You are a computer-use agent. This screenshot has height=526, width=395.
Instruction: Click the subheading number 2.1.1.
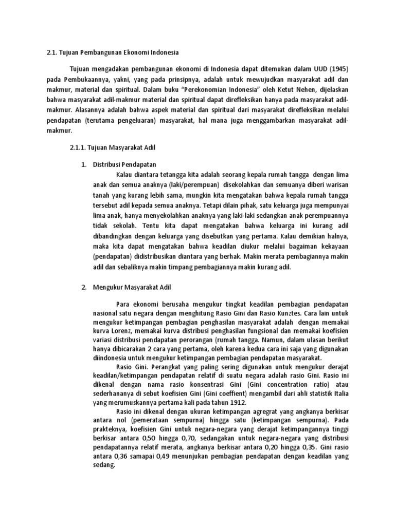coord(77,147)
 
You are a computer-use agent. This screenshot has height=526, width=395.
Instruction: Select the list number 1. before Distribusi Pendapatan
coord(84,164)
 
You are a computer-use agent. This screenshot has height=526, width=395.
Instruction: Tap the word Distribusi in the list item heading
coord(106,164)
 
